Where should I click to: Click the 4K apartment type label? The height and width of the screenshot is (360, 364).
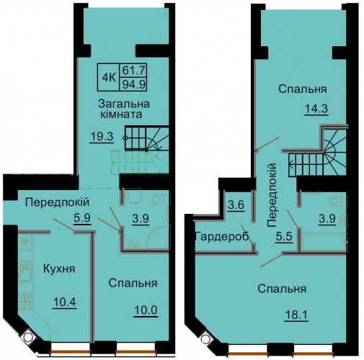[109, 78]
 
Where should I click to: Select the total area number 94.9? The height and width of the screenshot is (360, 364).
[133, 84]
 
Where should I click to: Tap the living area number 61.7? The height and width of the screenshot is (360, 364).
[133, 70]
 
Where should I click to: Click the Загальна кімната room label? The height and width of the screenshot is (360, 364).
[123, 109]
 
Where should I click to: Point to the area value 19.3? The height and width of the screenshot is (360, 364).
[102, 137]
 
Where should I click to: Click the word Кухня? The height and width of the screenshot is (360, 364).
[59, 269]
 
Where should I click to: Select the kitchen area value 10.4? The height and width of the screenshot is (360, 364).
[65, 302]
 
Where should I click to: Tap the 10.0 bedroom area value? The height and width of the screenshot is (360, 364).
[146, 310]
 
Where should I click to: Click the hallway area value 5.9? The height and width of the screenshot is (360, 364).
[82, 218]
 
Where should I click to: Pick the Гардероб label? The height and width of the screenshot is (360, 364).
[222, 237]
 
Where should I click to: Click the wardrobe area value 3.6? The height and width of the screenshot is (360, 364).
[236, 205]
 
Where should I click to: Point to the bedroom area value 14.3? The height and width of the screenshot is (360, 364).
[316, 109]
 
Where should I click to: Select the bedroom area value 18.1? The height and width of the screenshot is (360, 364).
[296, 315]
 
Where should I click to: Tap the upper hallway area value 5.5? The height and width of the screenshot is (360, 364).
[284, 237]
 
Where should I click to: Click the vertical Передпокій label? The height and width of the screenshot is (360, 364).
[272, 195]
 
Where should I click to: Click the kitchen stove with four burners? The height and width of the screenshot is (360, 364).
[25, 301]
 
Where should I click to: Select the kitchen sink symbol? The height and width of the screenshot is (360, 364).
[25, 271]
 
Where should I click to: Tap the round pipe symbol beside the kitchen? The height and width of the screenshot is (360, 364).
[28, 337]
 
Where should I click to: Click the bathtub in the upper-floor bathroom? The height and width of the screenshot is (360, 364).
[323, 242]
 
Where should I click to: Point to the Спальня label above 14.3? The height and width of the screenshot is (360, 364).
[303, 89]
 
